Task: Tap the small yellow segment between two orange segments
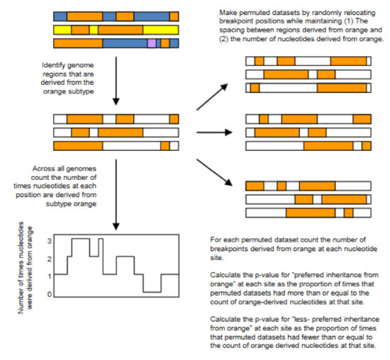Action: pyautogui.click(x=94, y=30)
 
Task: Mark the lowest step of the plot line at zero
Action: pyautogui.click(x=151, y=291)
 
